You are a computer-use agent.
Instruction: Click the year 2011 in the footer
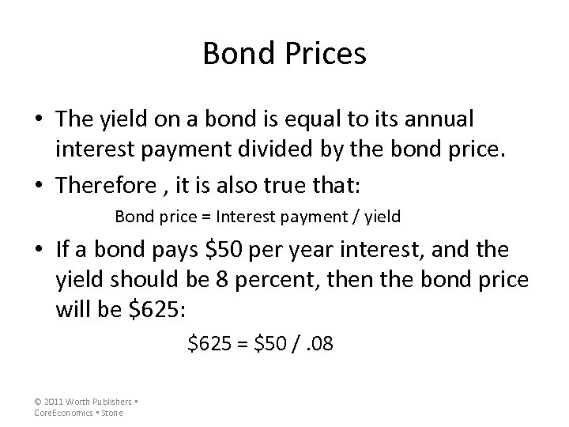point(54,402)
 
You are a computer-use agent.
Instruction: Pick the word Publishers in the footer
point(107,402)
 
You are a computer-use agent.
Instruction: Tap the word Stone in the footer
point(112,413)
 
